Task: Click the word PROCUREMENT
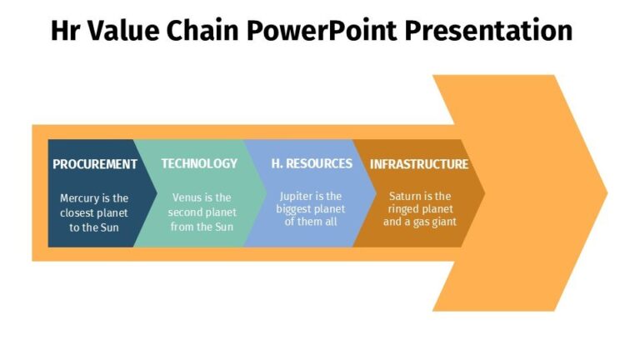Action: point(94,164)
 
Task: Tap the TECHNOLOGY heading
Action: point(199,163)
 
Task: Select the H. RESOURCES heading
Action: point(312,163)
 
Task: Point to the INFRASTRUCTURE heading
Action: point(419,164)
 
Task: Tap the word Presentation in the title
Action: point(491,31)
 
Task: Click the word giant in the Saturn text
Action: point(441,222)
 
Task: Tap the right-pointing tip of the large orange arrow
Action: point(604,192)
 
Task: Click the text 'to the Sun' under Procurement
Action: point(94,227)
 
